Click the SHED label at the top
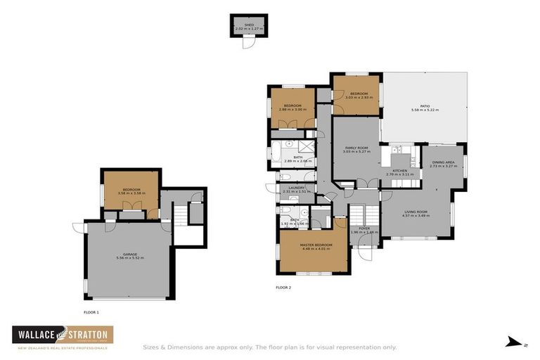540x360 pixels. tap(249, 24)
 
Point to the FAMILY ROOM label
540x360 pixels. tap(356, 148)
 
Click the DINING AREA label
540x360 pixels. tap(443, 162)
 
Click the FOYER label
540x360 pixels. tap(364, 229)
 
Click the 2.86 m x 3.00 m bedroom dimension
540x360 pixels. tap(293, 109)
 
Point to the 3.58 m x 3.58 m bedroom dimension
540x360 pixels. tap(131, 193)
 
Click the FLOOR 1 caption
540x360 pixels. tap(91, 311)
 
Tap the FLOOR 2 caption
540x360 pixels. tap(283, 288)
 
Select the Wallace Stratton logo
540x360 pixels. tap(64, 337)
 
